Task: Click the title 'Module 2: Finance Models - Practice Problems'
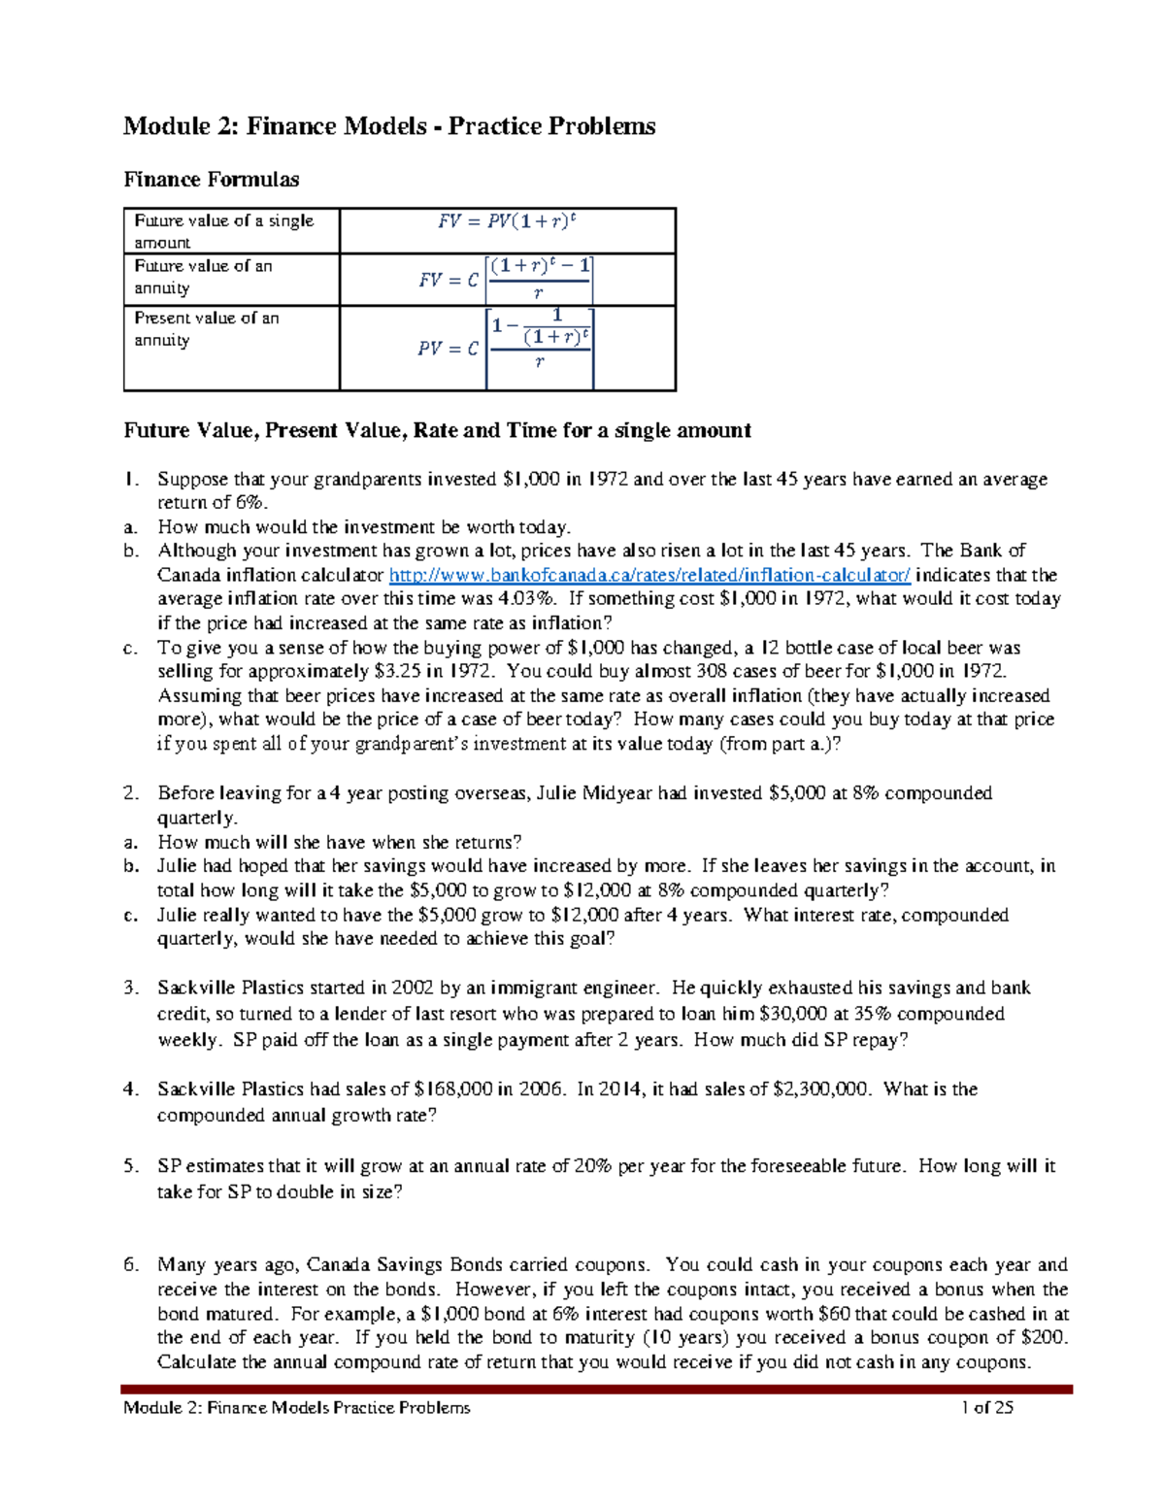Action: pos(388,126)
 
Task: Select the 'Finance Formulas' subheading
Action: pos(211,180)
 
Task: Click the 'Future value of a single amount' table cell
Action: pos(231,231)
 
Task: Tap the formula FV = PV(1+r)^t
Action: pos(507,221)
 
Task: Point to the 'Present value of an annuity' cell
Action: pos(231,329)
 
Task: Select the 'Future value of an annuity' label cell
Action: pos(231,277)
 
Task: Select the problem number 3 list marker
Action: pos(131,989)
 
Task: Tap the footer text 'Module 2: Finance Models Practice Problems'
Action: pos(296,1408)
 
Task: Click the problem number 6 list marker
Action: pos(131,1265)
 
